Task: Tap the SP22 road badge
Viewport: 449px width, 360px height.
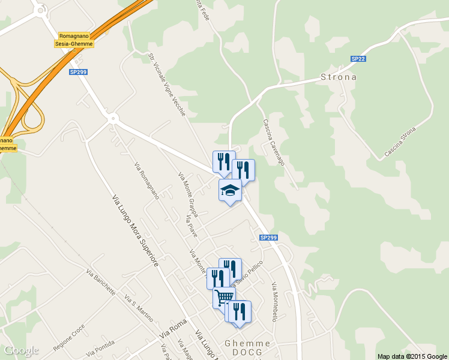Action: point(358,59)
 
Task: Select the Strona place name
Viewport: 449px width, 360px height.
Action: point(339,77)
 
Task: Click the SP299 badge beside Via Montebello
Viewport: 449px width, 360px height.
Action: point(269,238)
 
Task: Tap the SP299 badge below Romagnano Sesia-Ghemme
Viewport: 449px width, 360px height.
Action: point(78,72)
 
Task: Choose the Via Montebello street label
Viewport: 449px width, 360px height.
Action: point(274,302)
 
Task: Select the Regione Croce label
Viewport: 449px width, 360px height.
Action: point(69,339)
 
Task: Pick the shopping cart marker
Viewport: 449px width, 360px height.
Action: point(224,297)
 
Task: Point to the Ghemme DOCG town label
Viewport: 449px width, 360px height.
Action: point(247,347)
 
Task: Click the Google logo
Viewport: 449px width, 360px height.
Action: point(21,350)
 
